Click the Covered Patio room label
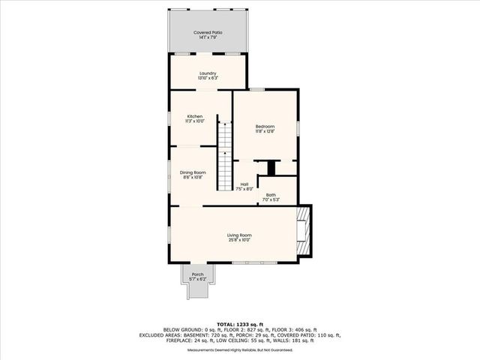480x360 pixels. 207,33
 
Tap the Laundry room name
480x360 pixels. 207,73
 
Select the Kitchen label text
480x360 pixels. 195,116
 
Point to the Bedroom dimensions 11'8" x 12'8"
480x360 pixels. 265,130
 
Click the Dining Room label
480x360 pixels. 193,173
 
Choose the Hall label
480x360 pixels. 244,184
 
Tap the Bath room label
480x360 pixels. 271,195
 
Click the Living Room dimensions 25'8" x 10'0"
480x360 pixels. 239,241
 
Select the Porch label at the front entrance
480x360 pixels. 197,274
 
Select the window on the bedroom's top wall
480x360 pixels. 256,89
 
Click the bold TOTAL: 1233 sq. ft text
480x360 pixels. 239,322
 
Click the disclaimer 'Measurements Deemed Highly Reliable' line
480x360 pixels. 239,349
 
